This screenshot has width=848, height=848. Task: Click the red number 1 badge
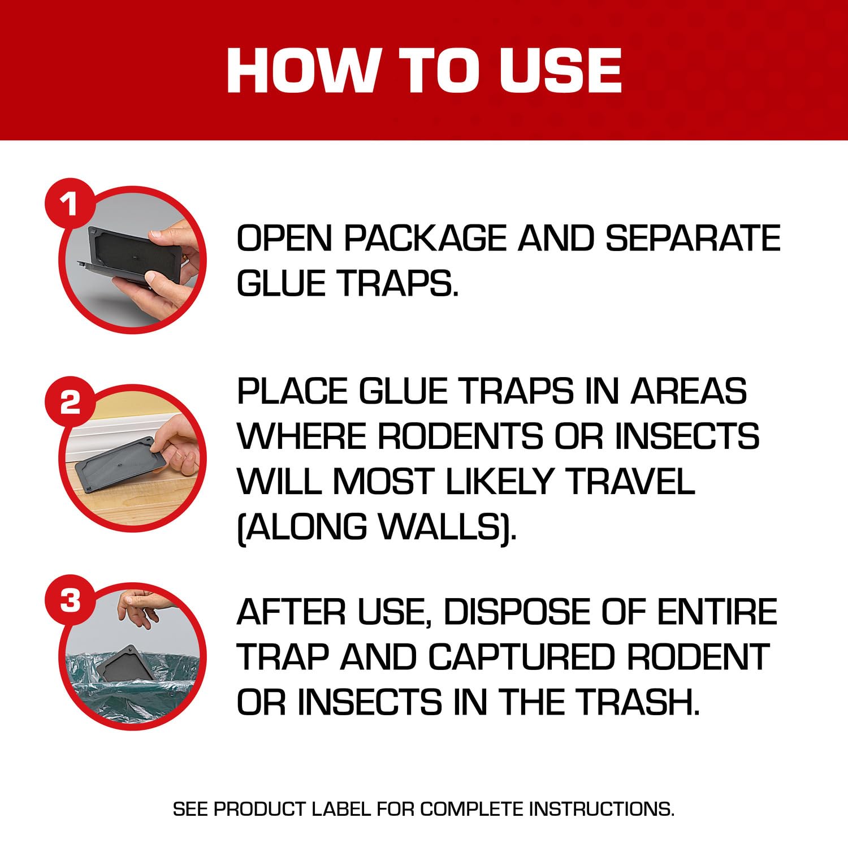tap(70, 203)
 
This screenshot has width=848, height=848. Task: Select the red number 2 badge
tap(70, 402)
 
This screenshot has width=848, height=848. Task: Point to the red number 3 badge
tap(70, 600)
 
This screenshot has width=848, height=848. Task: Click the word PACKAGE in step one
tap(427, 238)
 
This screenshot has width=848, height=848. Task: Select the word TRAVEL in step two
tap(630, 482)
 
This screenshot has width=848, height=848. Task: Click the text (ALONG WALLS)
tap(376, 527)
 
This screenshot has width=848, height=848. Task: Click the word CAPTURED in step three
tap(520, 657)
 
